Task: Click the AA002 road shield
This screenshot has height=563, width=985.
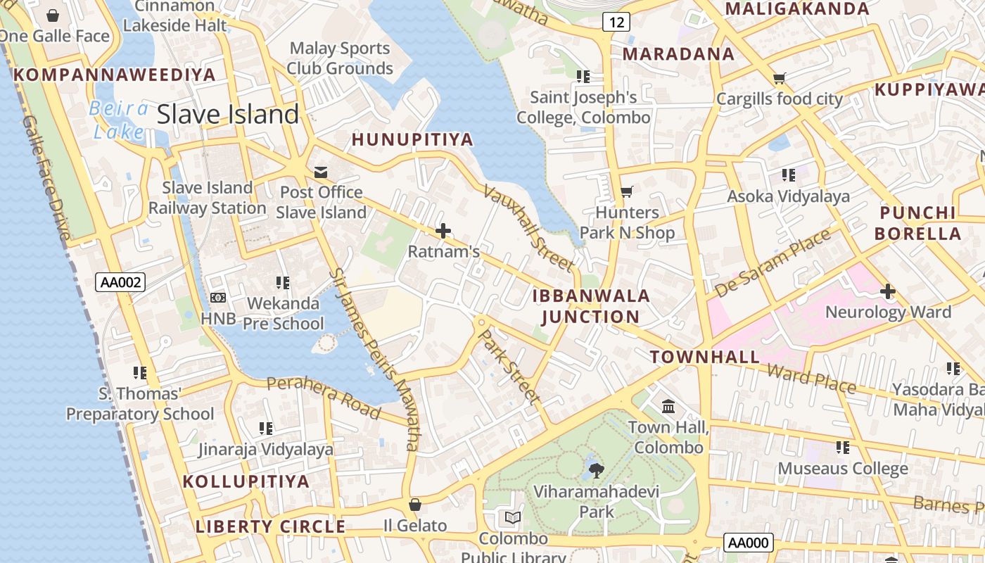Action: pos(121,283)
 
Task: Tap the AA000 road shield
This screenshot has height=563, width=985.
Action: pos(749,543)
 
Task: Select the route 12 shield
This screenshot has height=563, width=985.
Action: pos(616,23)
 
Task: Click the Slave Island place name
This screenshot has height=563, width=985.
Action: pos(228,114)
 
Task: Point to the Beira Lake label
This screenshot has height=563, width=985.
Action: pos(119,120)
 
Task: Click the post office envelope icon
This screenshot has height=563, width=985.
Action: pos(321,172)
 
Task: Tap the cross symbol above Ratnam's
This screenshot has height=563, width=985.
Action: pos(443,230)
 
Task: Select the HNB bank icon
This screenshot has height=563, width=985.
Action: pos(218,298)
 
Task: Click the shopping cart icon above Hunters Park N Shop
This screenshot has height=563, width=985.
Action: pos(627,191)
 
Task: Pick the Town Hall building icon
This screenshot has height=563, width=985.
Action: pos(668,406)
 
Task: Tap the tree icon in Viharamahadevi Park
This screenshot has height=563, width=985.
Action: pos(596,469)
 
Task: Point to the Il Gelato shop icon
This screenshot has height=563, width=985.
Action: pos(415,505)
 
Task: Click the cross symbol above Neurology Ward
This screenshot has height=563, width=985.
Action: pos(888,291)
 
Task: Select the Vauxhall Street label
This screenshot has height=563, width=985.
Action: pos(528,229)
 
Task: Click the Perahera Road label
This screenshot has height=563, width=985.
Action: pos(324,397)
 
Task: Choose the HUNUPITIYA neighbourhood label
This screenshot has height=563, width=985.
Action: pos(412,139)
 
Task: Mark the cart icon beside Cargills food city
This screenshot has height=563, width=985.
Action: pos(779,78)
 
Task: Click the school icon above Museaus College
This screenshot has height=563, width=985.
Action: pos(842,447)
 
